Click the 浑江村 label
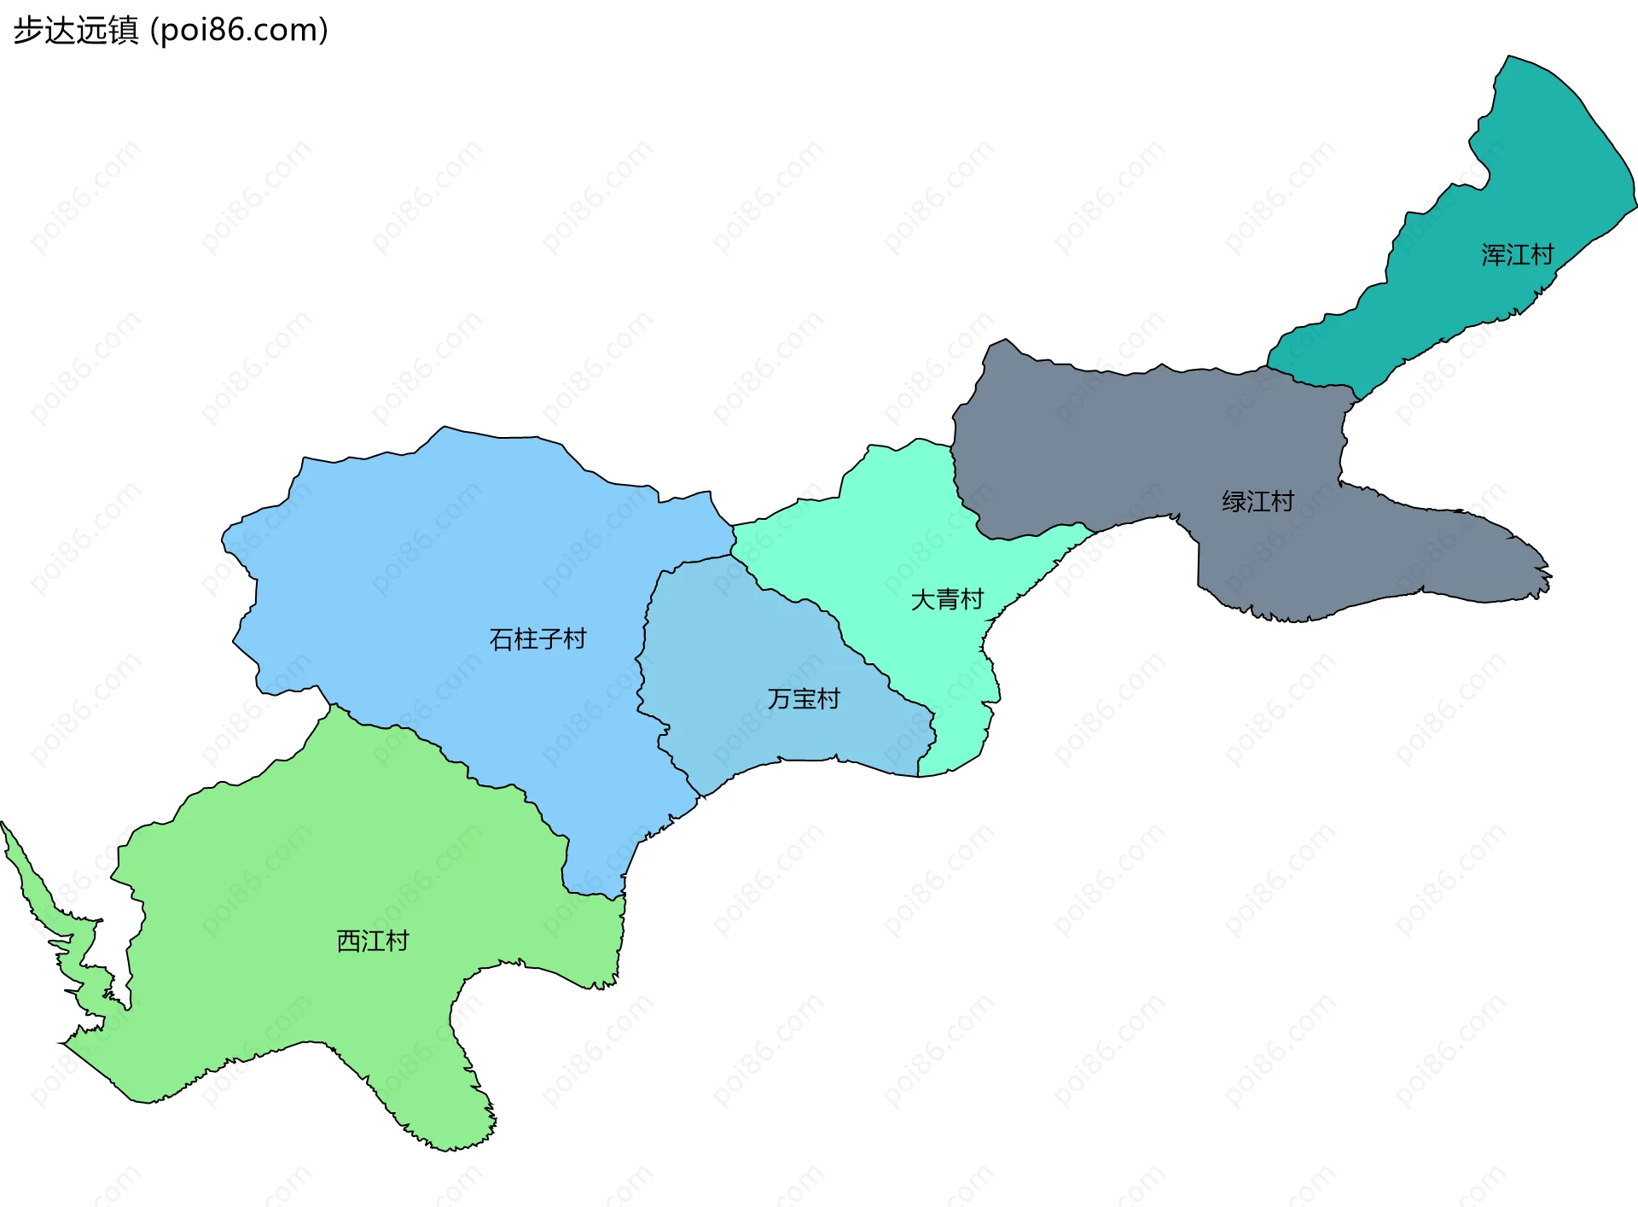point(1517,255)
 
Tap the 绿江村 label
point(1258,501)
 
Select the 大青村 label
point(947,599)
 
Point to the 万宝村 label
point(804,699)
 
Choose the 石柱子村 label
point(537,638)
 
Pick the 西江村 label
point(373,941)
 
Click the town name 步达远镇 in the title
point(75,30)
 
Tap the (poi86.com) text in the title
point(240,30)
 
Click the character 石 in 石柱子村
point(501,638)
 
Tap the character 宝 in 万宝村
point(804,699)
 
